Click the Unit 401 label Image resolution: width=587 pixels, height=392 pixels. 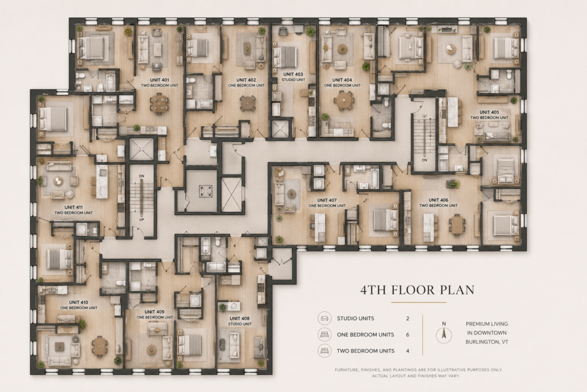coord(159,83)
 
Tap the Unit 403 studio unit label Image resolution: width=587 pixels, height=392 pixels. coord(293,77)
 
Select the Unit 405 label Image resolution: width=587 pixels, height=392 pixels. coord(490,115)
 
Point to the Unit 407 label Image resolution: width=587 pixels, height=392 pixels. coord(327,203)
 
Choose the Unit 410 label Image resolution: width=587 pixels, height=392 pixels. coord(79,305)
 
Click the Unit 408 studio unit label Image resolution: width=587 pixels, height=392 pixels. coord(240,321)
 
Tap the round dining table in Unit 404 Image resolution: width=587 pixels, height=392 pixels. coord(344,100)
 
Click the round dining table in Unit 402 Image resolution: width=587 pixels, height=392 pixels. coord(248,103)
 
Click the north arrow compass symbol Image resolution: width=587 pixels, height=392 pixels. coord(444,333)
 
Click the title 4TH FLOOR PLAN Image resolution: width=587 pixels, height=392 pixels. coord(417,290)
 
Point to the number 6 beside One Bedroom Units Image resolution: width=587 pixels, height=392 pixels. coord(408,335)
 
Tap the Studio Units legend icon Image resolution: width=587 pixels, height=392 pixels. coord(324,318)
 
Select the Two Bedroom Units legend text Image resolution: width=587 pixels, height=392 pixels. coord(365,351)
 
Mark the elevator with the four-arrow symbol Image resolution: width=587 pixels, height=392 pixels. coord(205,191)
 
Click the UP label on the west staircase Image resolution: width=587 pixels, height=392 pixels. coord(142,220)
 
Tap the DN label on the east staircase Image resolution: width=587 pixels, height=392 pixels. coord(424,160)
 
